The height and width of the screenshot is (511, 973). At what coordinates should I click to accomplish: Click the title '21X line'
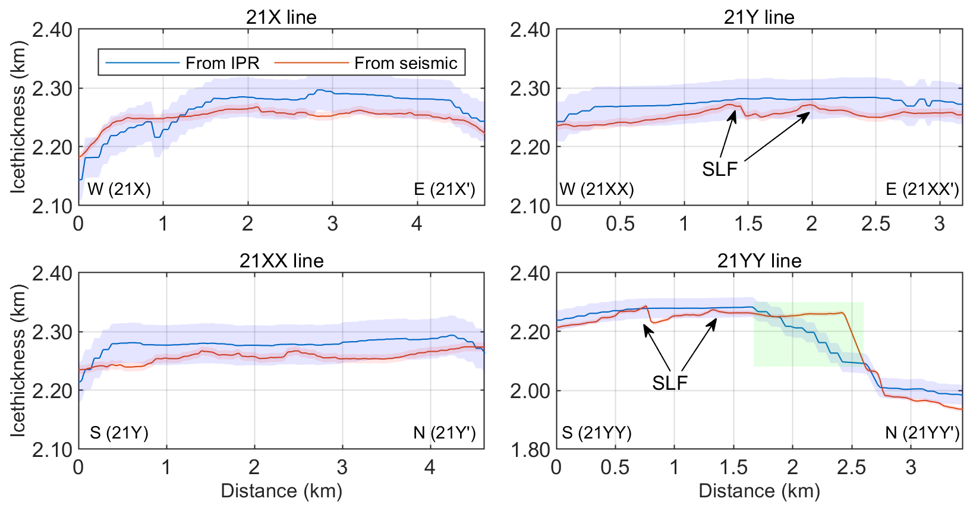tap(281, 17)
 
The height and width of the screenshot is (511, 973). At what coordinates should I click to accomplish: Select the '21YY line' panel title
tap(759, 261)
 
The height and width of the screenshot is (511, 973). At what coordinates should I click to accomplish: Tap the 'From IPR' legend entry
tap(222, 63)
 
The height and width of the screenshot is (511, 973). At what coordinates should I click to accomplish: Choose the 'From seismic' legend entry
tap(405, 63)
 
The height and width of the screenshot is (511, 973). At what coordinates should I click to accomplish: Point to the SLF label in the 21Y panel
tap(719, 169)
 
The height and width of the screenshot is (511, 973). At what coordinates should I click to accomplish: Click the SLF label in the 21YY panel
tap(669, 383)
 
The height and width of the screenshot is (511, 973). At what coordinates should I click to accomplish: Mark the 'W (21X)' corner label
tap(119, 190)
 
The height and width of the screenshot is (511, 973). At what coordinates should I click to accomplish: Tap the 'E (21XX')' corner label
tap(922, 190)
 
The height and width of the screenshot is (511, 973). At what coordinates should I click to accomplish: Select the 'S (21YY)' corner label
tap(597, 433)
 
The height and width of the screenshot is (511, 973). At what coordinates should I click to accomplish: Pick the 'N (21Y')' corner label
tap(445, 433)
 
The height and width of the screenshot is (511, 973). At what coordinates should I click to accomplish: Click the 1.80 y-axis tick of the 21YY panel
tap(530, 450)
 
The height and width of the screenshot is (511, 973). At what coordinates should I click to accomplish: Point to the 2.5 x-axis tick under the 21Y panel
tap(876, 224)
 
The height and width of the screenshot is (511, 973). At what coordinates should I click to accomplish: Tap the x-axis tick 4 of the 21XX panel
tap(430, 468)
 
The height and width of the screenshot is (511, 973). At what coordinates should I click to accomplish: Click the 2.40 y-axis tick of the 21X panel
tap(52, 30)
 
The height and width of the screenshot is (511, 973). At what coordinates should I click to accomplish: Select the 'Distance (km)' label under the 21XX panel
tap(281, 491)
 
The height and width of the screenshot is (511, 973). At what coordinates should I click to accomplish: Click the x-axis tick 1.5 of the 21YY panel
tap(733, 468)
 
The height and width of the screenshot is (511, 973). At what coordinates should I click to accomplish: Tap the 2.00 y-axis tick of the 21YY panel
tap(530, 391)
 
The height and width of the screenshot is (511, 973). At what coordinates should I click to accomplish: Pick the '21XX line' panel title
tap(281, 261)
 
